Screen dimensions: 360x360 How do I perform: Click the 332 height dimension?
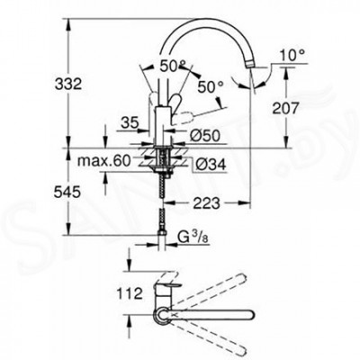pyautogui.click(x=68, y=84)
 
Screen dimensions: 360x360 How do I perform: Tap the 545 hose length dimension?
pyautogui.click(x=67, y=193)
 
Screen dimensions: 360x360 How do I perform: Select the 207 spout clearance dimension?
pyautogui.click(x=285, y=108)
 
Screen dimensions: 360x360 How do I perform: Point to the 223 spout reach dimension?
pyautogui.click(x=206, y=204)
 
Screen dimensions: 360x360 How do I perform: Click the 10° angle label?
pyautogui.click(x=292, y=56)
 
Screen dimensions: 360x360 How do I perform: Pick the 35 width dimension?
pyautogui.click(x=130, y=122)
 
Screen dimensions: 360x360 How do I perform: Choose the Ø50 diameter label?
pyautogui.click(x=205, y=137)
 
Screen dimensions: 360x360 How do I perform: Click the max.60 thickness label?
pyautogui.click(x=104, y=161)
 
